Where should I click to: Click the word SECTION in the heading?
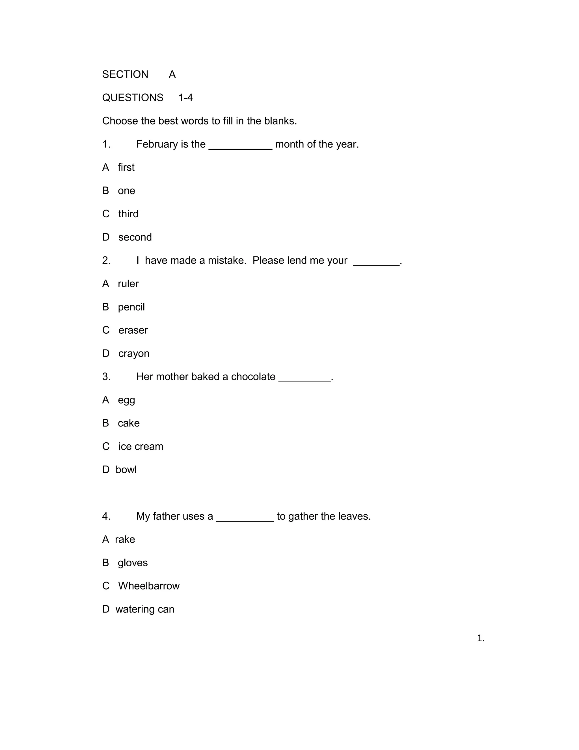125,74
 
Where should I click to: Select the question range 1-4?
185,98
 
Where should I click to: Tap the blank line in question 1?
240,148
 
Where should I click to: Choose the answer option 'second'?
135,237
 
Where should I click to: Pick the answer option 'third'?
128,214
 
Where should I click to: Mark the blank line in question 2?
376,264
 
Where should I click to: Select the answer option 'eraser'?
133,330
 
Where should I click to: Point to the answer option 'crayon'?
134,354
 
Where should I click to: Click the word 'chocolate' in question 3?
253,377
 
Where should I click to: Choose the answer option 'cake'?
129,423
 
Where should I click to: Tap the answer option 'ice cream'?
141,446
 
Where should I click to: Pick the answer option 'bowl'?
126,470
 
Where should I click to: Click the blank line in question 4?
245,520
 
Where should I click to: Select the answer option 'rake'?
125,539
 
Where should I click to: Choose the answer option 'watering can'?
145,609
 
